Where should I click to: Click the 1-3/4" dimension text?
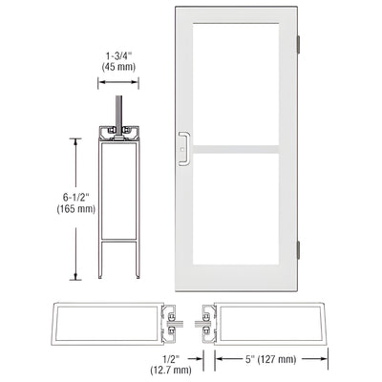[x=120, y=55]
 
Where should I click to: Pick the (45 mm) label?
[x=120, y=68]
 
